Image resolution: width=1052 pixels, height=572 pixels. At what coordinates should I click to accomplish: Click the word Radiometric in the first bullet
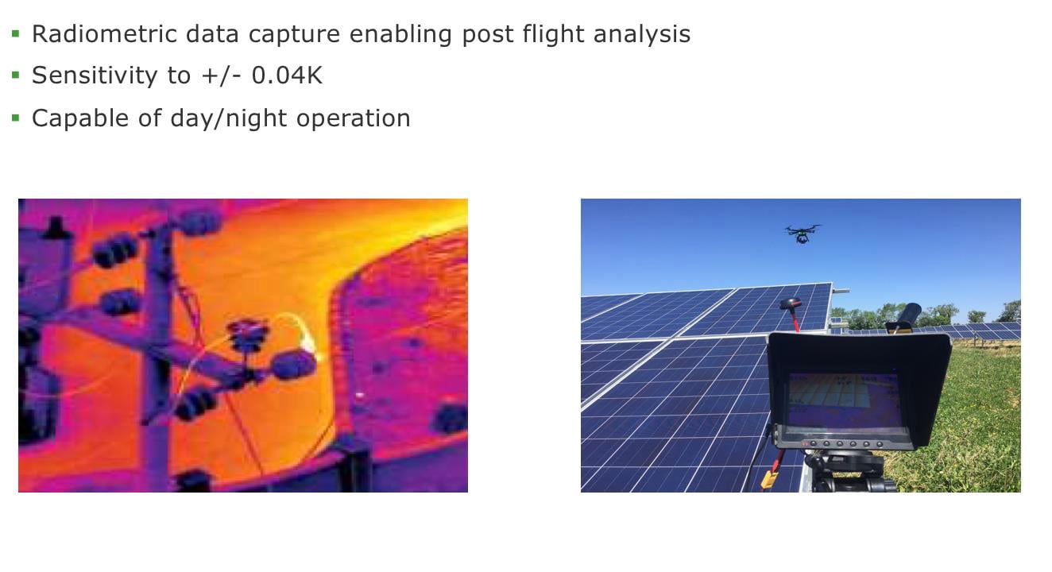click(105, 34)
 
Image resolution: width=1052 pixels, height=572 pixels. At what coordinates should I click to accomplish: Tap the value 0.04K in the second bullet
click(287, 75)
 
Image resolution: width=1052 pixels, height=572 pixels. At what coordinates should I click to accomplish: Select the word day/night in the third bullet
click(229, 118)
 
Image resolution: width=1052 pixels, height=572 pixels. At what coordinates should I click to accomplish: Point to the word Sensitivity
click(95, 75)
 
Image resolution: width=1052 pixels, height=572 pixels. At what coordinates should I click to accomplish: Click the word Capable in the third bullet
click(80, 118)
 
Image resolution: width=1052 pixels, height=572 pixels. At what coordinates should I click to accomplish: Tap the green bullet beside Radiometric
click(16, 33)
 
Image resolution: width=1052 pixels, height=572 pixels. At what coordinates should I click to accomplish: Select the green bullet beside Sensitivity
click(16, 75)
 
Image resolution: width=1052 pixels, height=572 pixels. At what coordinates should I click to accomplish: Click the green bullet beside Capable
click(16, 118)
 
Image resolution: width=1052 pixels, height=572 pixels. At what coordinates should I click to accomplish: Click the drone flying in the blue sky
click(803, 234)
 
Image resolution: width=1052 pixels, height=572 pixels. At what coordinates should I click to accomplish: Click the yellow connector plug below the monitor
click(769, 479)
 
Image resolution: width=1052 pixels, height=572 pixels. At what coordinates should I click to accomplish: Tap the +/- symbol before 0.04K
click(221, 75)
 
